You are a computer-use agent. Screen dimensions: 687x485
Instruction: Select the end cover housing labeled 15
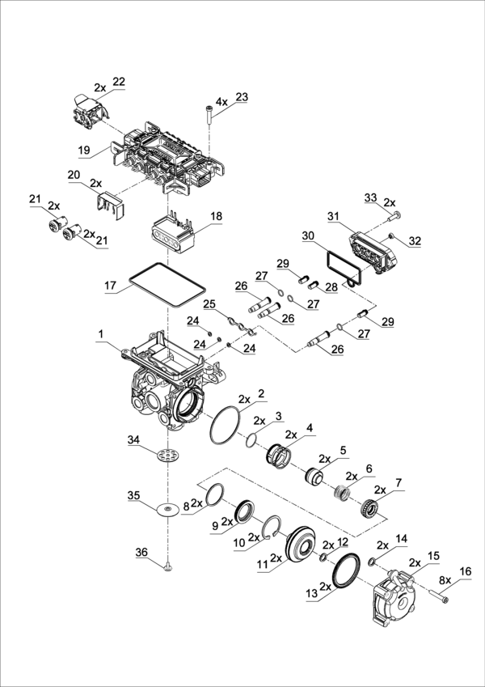point(394,597)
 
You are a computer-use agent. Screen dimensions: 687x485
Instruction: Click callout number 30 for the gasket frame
point(307,235)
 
